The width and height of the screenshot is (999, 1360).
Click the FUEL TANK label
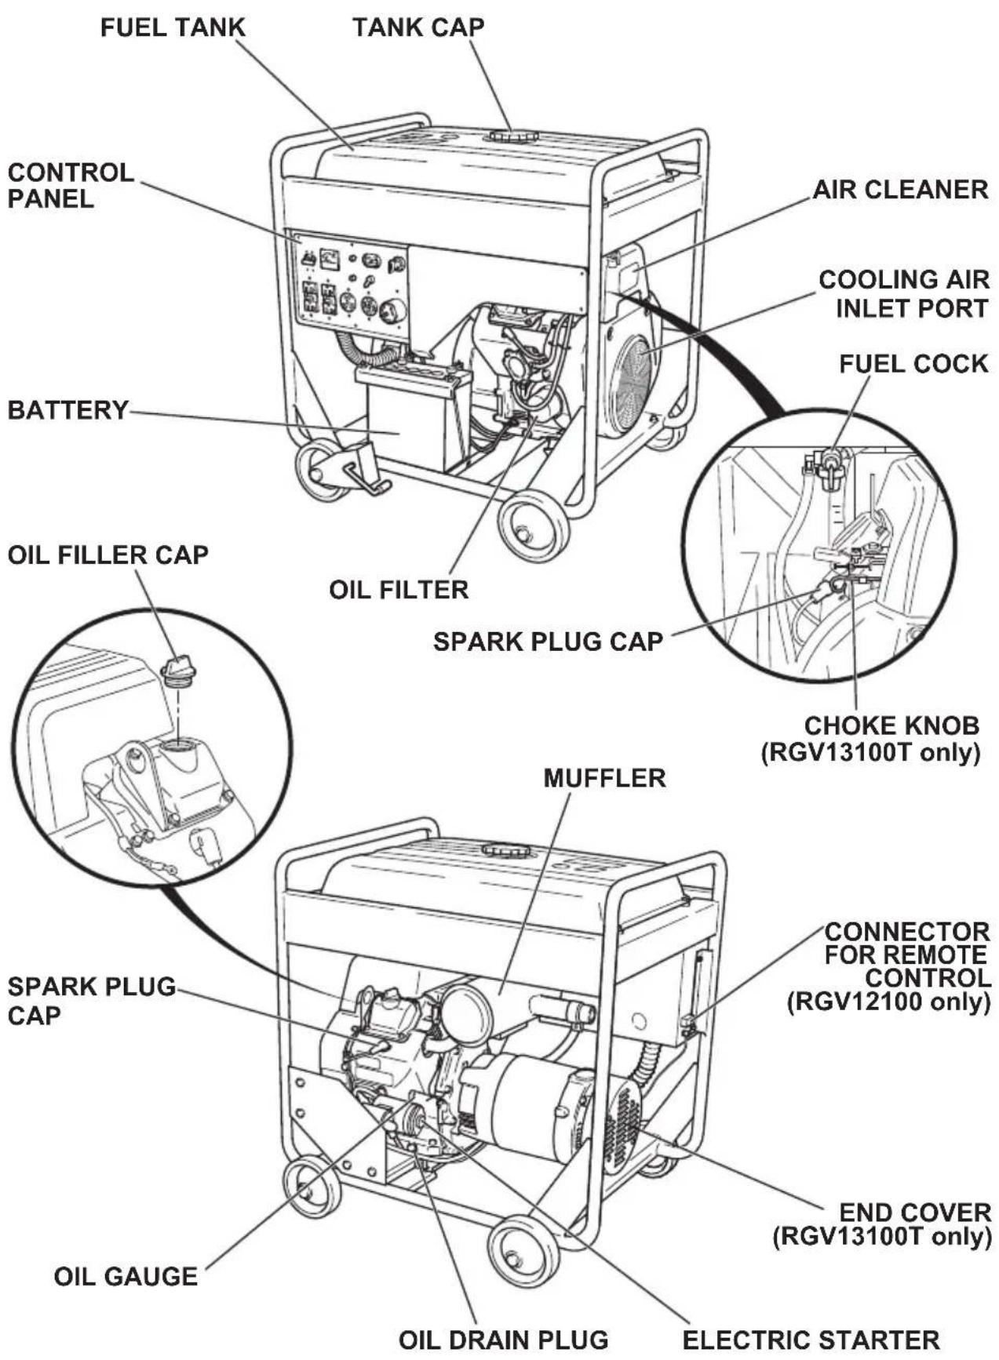(x=173, y=27)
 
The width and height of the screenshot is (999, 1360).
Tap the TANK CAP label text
(x=418, y=27)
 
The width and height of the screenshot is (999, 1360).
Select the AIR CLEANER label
(x=900, y=190)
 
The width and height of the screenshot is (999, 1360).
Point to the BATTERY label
(x=67, y=410)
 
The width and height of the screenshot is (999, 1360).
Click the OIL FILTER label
(x=399, y=590)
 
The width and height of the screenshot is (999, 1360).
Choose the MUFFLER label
(x=604, y=779)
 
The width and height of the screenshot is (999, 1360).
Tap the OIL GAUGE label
(x=126, y=1277)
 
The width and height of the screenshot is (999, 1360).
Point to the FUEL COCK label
(x=913, y=364)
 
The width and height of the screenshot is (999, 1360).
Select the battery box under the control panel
(x=410, y=416)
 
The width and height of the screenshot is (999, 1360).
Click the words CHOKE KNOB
(x=891, y=725)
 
